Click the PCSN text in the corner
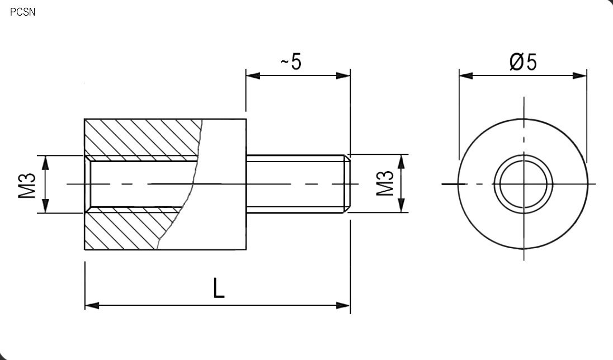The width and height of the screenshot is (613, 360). click(x=22, y=12)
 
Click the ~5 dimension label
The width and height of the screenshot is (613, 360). click(x=291, y=62)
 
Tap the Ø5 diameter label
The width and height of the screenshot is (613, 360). click(x=523, y=62)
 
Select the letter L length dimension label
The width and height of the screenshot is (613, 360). click(x=219, y=288)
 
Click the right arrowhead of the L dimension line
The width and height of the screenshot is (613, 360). click(x=343, y=305)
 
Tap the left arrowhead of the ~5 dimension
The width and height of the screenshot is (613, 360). click(x=253, y=75)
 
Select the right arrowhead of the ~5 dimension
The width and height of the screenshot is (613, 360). click(x=343, y=75)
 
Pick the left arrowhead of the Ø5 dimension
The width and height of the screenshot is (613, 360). click(x=466, y=75)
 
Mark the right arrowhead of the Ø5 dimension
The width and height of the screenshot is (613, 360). click(x=581, y=75)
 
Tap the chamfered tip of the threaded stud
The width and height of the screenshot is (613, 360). click(x=347, y=184)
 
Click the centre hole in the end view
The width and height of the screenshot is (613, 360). click(x=524, y=184)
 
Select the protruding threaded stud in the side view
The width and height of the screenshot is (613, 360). click(x=296, y=184)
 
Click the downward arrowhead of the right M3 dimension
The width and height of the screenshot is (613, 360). click(x=401, y=206)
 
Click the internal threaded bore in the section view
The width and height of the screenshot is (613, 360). click(x=140, y=184)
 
